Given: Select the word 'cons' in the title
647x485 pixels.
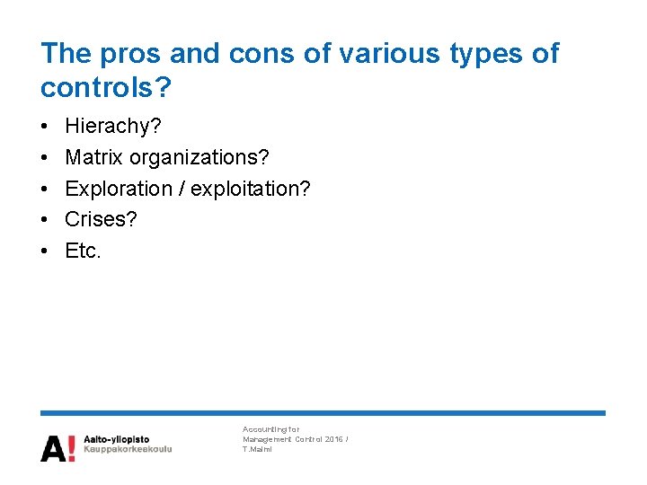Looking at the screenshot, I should pyautogui.click(x=263, y=54).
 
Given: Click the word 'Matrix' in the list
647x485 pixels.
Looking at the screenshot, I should pyautogui.click(x=94, y=158).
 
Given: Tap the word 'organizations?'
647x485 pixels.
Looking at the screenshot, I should pyautogui.click(x=199, y=158).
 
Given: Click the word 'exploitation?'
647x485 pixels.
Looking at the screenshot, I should pyautogui.click(x=251, y=189).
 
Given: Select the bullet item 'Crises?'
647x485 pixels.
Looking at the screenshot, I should pyautogui.click(x=101, y=219).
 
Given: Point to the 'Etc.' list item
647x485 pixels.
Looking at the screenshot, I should pyautogui.click(x=84, y=251).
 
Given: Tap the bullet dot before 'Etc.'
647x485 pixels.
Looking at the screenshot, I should pyautogui.click(x=45, y=251).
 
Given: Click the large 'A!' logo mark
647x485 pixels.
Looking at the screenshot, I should pyautogui.click(x=58, y=447).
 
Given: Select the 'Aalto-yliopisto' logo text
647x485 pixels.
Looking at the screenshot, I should pyautogui.click(x=117, y=438).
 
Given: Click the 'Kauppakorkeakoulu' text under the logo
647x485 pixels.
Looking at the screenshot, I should pyautogui.click(x=128, y=448).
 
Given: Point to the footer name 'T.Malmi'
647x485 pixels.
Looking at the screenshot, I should pyautogui.click(x=257, y=449).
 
